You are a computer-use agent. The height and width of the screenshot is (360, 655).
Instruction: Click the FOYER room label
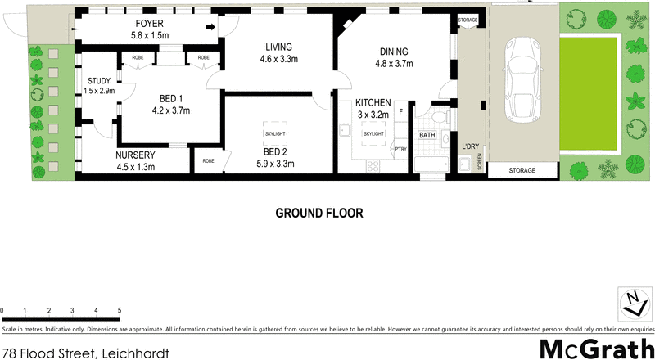click(x=149, y=24)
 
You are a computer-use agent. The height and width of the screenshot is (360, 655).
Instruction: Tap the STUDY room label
click(x=102, y=80)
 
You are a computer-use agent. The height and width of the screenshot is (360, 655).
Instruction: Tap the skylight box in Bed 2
click(x=274, y=133)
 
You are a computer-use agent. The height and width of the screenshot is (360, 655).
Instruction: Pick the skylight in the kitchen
click(x=373, y=133)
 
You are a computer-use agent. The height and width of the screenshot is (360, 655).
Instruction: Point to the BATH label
click(x=427, y=135)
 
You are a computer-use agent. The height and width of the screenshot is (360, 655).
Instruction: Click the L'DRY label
click(x=470, y=146)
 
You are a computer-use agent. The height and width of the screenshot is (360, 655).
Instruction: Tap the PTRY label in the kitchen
click(x=400, y=148)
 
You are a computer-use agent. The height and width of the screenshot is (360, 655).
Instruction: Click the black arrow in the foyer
click(x=210, y=28)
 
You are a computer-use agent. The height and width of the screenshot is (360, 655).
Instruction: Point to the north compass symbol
click(x=631, y=303)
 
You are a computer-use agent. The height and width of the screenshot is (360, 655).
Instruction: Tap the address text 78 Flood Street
click(x=85, y=353)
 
